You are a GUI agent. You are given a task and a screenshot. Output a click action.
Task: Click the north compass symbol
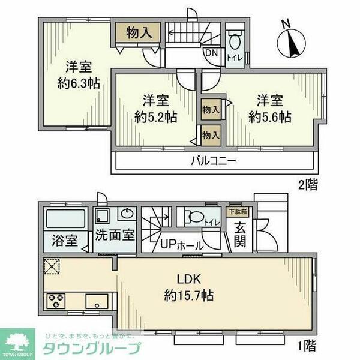point(290,39)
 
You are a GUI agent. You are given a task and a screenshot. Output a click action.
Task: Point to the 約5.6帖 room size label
point(271,116)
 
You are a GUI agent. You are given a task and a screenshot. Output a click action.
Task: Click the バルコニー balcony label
point(214,160)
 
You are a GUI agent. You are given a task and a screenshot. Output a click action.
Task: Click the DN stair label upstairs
point(212,52)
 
